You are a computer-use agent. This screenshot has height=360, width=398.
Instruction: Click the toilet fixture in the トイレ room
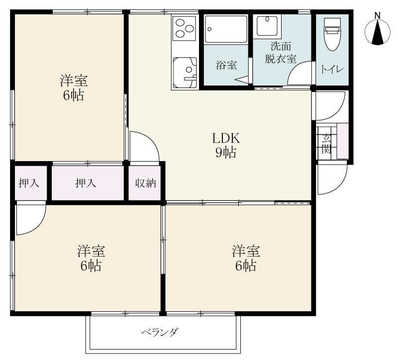click(332, 34)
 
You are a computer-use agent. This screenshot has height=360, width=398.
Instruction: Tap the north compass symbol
click(378, 32)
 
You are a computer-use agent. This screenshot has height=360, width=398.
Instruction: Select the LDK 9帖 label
click(226, 146)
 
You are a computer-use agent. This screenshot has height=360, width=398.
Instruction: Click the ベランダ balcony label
click(160, 332)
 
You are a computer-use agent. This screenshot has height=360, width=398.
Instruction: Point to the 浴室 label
click(226, 65)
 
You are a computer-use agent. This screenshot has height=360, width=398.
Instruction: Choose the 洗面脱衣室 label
click(281, 53)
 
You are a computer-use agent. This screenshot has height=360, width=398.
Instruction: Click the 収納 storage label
click(145, 183)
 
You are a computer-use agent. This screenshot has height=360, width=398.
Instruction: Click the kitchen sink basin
click(185, 73)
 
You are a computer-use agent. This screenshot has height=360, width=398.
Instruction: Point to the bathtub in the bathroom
click(226, 29)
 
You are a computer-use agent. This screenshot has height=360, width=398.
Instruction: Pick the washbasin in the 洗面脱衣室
click(267, 26)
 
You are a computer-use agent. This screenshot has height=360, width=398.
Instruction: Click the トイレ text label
click(332, 69)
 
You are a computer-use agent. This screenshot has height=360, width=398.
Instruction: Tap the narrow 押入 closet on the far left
click(29, 183)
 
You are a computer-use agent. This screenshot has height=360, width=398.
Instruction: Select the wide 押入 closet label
click(86, 183)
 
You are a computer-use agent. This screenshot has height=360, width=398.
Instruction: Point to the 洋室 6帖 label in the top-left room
click(74, 88)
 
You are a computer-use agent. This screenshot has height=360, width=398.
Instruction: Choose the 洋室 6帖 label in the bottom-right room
click(246, 258)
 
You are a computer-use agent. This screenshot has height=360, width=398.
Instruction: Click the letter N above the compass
click(378, 15)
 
